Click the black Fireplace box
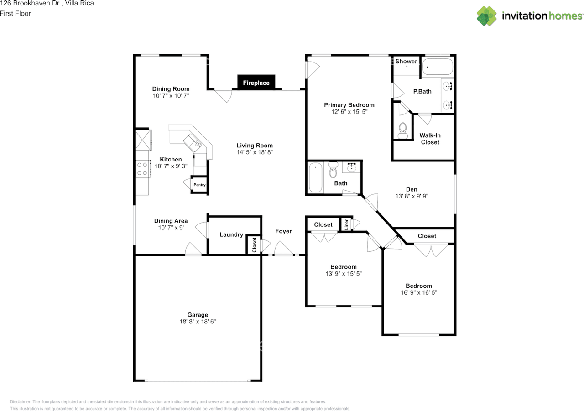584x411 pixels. point(256,83)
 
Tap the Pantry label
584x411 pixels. point(199,185)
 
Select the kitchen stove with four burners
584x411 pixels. point(143,169)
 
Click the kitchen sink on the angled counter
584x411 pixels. point(193,143)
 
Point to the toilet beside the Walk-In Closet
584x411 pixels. point(403,130)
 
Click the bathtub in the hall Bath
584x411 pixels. point(315,177)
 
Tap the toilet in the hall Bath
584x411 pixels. point(333,169)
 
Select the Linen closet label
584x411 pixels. point(346,224)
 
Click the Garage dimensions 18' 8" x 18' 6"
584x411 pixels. point(198,321)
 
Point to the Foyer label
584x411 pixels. point(283,231)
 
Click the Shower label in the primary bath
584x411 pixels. point(406,61)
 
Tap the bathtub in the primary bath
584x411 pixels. point(438,67)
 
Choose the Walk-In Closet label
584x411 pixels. point(430,139)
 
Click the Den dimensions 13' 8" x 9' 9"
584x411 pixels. point(412,196)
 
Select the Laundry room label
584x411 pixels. point(231,234)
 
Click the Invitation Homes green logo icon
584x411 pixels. point(486,16)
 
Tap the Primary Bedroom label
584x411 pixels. point(349,105)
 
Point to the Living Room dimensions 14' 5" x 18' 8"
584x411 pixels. point(255,152)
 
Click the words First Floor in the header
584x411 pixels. point(16,13)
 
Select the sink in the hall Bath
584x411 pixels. point(351,167)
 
